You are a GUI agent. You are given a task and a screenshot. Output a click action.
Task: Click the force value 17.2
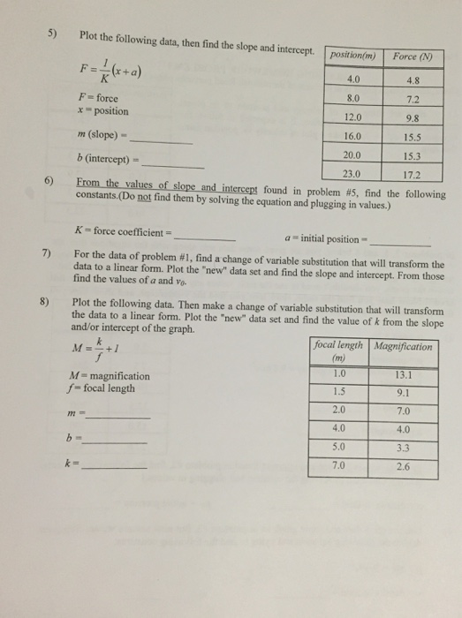coord(413,175)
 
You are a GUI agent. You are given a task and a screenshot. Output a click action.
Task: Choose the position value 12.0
coord(354,118)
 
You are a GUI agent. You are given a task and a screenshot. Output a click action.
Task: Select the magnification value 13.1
coord(403,374)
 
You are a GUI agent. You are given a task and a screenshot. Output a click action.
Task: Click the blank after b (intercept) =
coord(179,162)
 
